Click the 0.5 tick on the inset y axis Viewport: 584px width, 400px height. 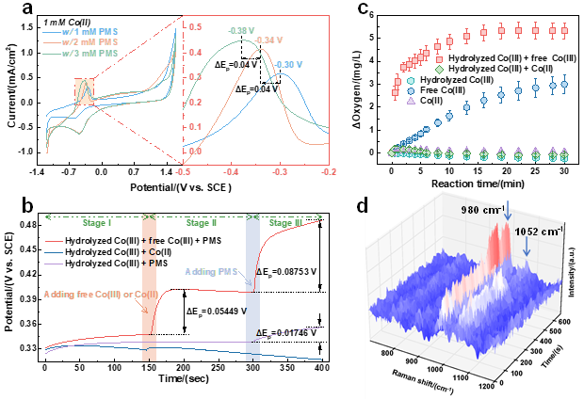(x=196, y=28)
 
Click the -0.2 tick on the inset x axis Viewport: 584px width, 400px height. (x=328, y=173)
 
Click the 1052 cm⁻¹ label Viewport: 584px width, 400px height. (x=539, y=230)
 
